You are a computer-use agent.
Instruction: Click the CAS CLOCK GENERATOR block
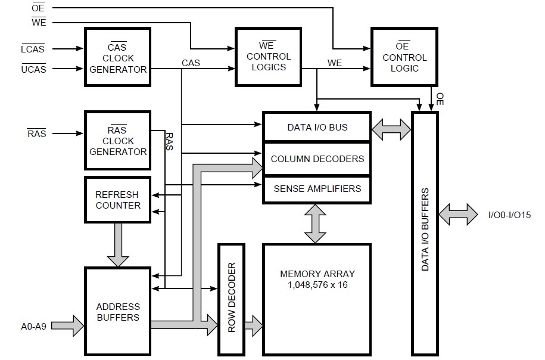click(118, 58)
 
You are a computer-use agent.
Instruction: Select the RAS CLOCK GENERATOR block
click(118, 141)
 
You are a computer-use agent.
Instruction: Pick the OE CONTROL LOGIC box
click(404, 58)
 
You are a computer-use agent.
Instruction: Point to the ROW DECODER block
click(232, 298)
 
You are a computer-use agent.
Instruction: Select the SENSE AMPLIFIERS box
click(317, 189)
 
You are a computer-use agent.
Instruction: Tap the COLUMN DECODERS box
click(317, 159)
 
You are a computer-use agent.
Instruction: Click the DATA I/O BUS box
click(317, 127)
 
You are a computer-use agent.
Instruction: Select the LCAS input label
click(33, 49)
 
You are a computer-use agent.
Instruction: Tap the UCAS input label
click(33, 69)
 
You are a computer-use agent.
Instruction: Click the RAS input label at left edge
click(36, 134)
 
